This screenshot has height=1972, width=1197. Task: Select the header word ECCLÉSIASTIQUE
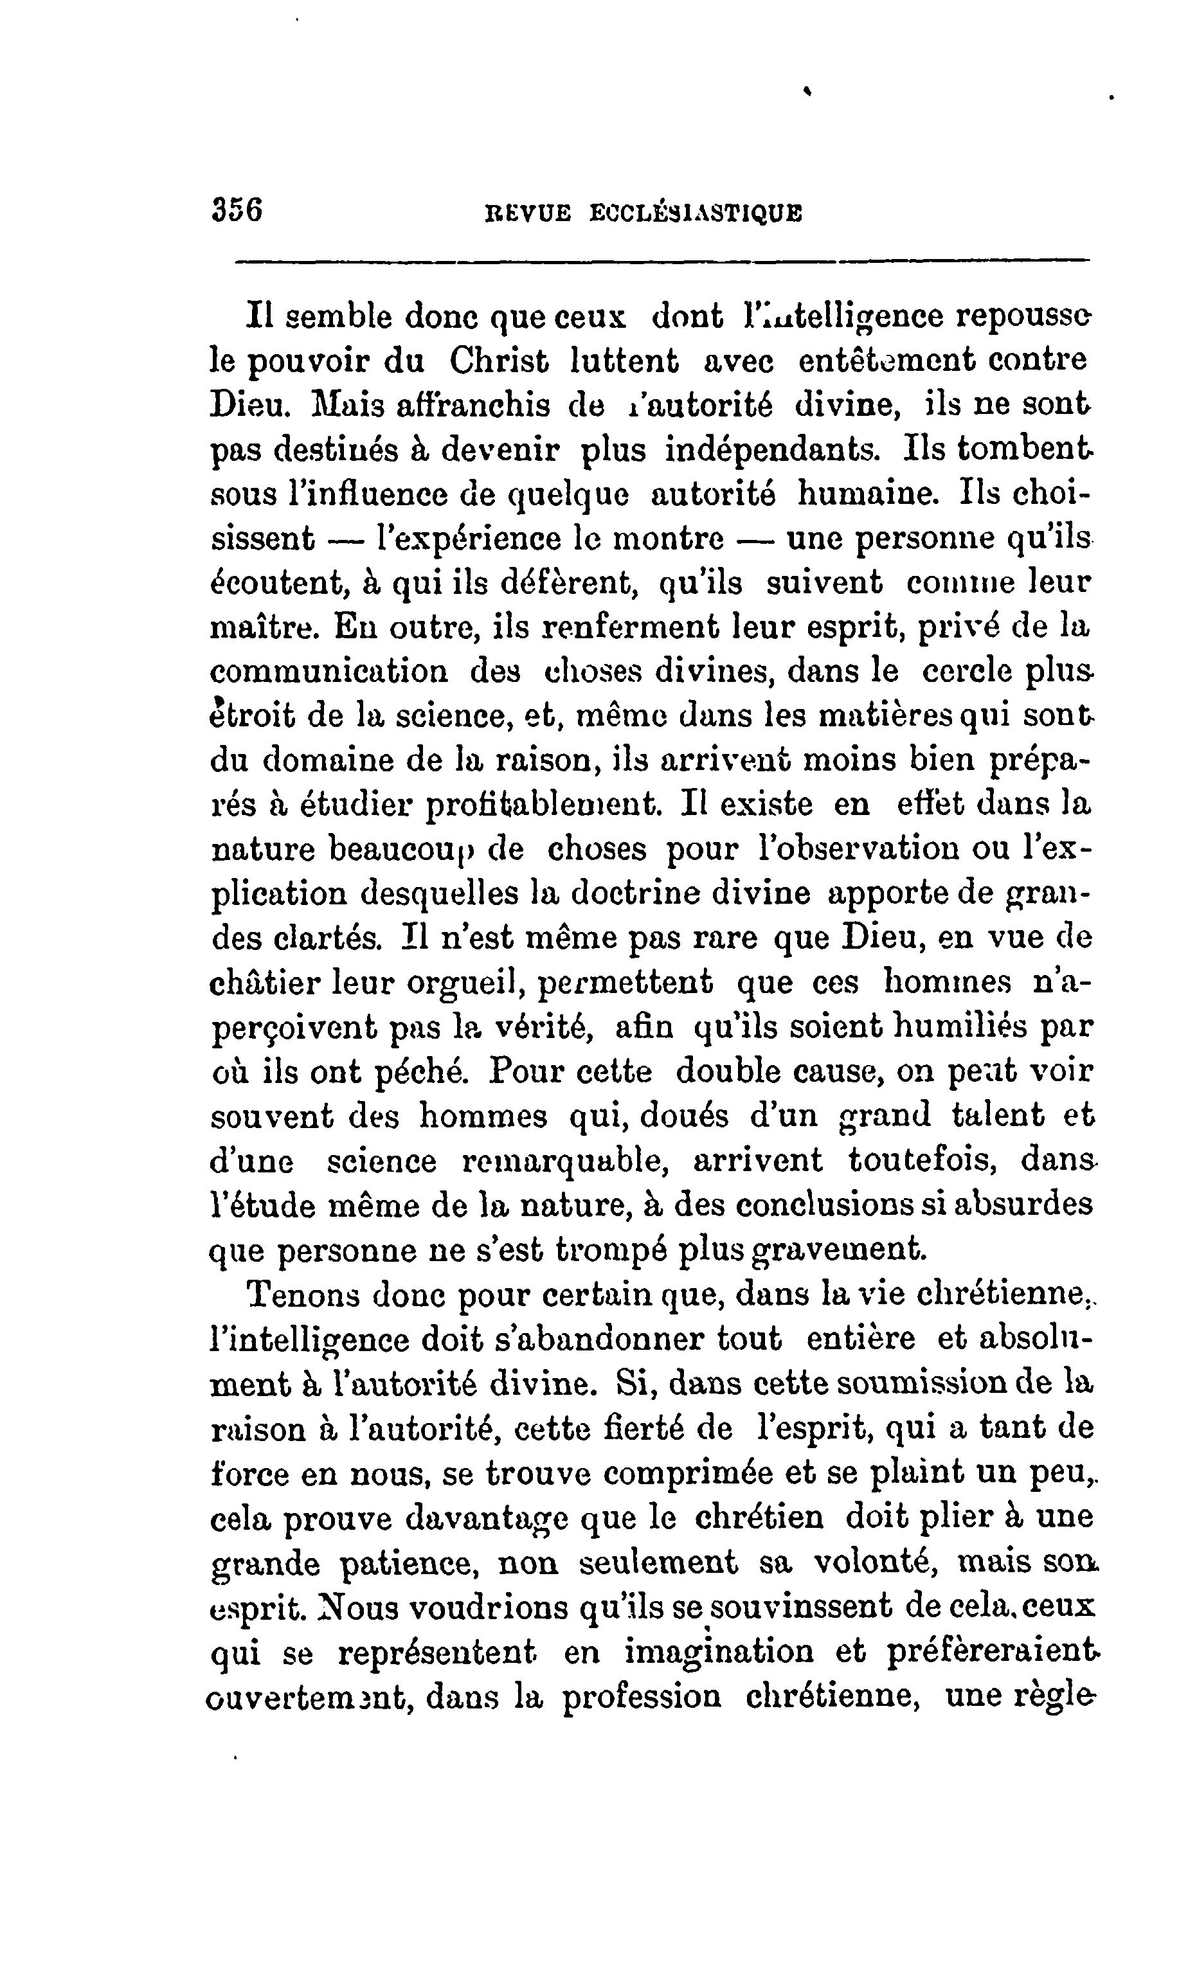click(x=696, y=213)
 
